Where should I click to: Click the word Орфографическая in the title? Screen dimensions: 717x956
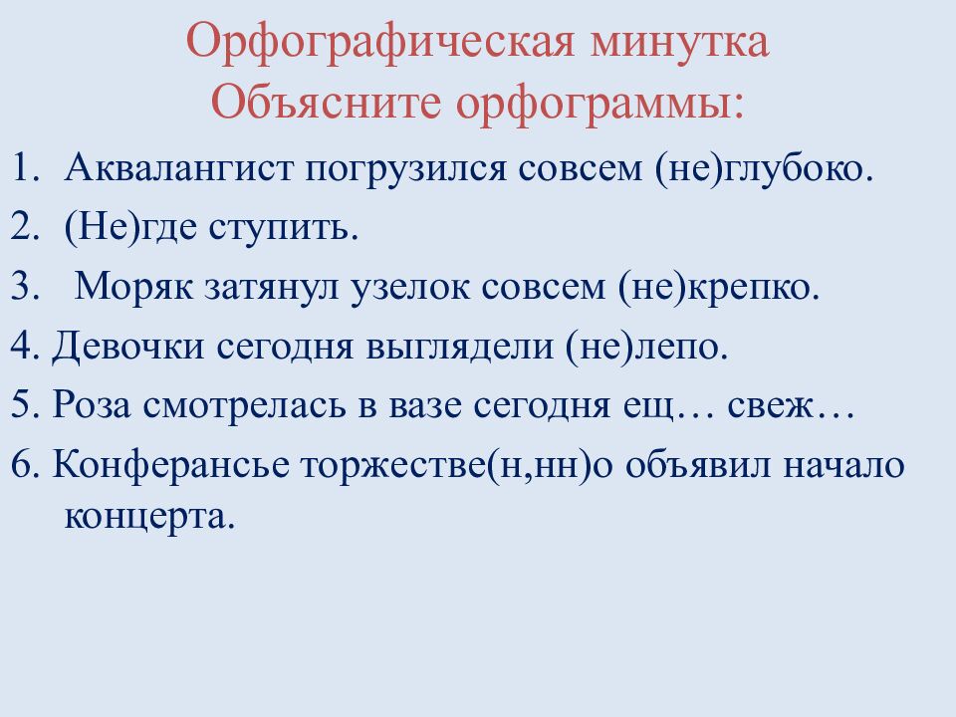pos(377,46)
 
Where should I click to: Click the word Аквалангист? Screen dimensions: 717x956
pos(179,170)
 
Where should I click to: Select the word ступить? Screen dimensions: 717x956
pos(283,230)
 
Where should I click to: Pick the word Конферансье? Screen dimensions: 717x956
pos(159,466)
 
